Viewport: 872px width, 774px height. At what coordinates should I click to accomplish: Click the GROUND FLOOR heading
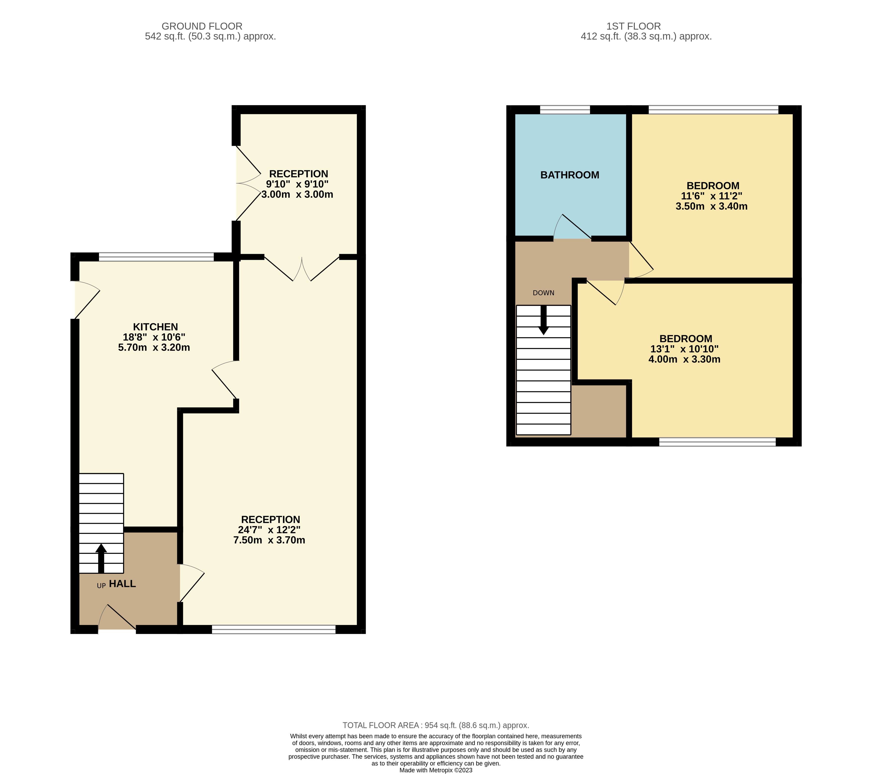click(x=202, y=26)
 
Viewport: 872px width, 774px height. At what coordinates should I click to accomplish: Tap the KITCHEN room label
click(x=155, y=327)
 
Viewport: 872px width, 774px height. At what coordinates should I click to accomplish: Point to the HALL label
click(x=122, y=584)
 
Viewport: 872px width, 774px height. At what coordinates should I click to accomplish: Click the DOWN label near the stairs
click(x=543, y=293)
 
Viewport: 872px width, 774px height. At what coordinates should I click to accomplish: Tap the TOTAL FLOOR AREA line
click(x=436, y=725)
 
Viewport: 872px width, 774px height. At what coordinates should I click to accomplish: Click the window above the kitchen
click(x=156, y=257)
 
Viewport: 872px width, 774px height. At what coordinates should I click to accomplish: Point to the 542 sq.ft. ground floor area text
click(x=210, y=36)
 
